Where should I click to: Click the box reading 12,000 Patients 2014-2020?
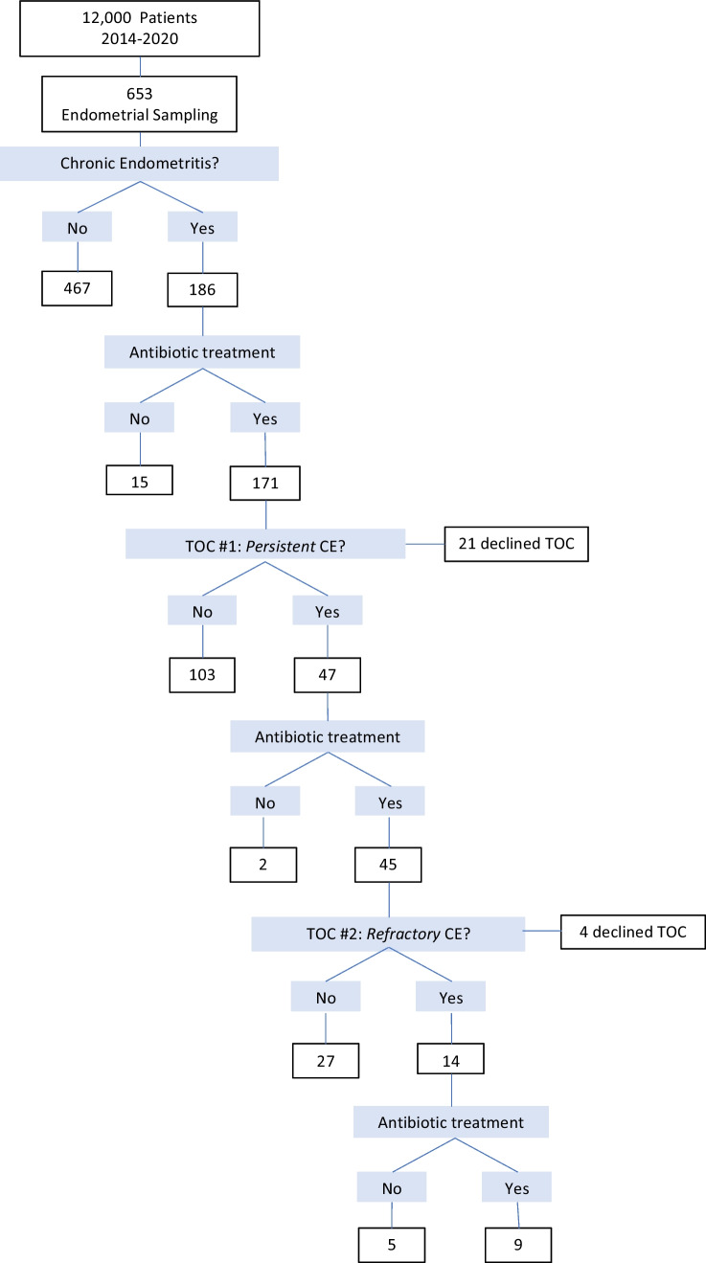[x=142, y=30]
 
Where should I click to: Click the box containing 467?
[x=78, y=288]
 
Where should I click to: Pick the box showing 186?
[x=202, y=288]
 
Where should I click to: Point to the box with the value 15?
[x=141, y=479]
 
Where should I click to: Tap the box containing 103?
[x=202, y=674]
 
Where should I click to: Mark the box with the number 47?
[x=328, y=674]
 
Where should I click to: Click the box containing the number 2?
[x=264, y=865]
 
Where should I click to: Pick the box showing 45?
[x=389, y=865]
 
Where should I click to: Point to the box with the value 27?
[x=327, y=1060]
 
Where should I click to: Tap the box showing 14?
[x=450, y=1060]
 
